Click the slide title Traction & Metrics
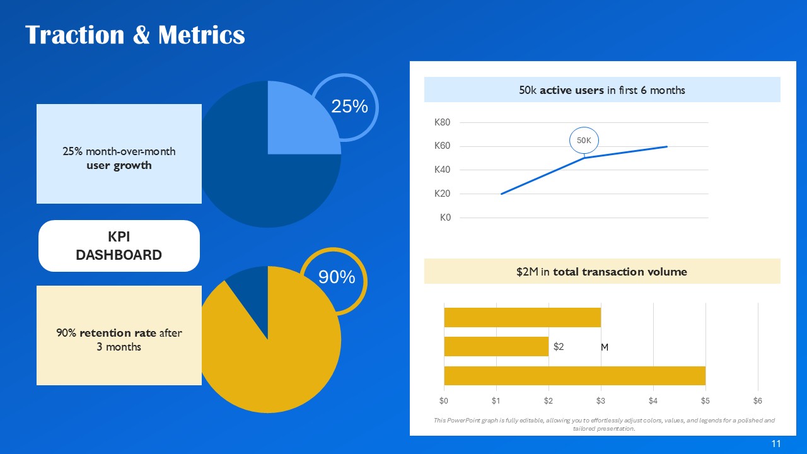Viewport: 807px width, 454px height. pyautogui.click(x=135, y=35)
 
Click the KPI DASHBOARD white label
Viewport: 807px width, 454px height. pyautogui.click(x=119, y=246)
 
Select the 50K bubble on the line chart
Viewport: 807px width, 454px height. pyautogui.click(x=584, y=141)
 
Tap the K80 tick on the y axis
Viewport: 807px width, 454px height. pyautogui.click(x=442, y=122)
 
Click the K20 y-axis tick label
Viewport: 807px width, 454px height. pyautogui.click(x=442, y=194)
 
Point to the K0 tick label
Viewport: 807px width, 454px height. pyautogui.click(x=445, y=218)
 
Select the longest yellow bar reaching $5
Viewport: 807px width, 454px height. pyautogui.click(x=574, y=376)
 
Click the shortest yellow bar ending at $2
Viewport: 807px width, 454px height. pyautogui.click(x=496, y=346)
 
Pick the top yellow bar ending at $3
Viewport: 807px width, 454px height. pyautogui.click(x=522, y=317)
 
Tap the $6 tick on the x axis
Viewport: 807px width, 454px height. pyautogui.click(x=757, y=400)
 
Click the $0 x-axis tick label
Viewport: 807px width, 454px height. pyautogui.click(x=444, y=400)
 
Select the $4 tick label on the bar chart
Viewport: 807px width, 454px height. pyautogui.click(x=653, y=400)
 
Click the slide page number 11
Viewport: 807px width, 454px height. pyautogui.click(x=776, y=444)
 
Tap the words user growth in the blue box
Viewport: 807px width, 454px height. pyautogui.click(x=119, y=166)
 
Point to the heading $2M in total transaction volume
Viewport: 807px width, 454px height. pyautogui.click(x=601, y=272)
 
